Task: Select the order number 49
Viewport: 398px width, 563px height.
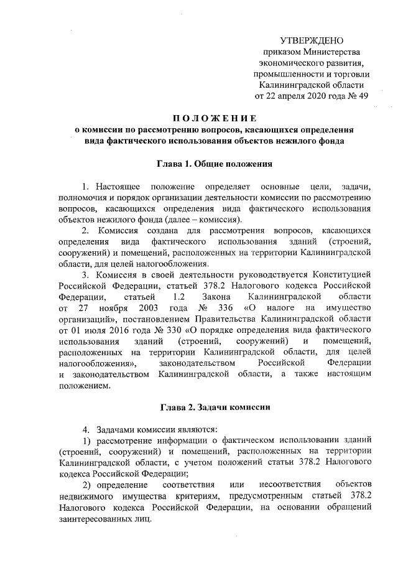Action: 363,96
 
